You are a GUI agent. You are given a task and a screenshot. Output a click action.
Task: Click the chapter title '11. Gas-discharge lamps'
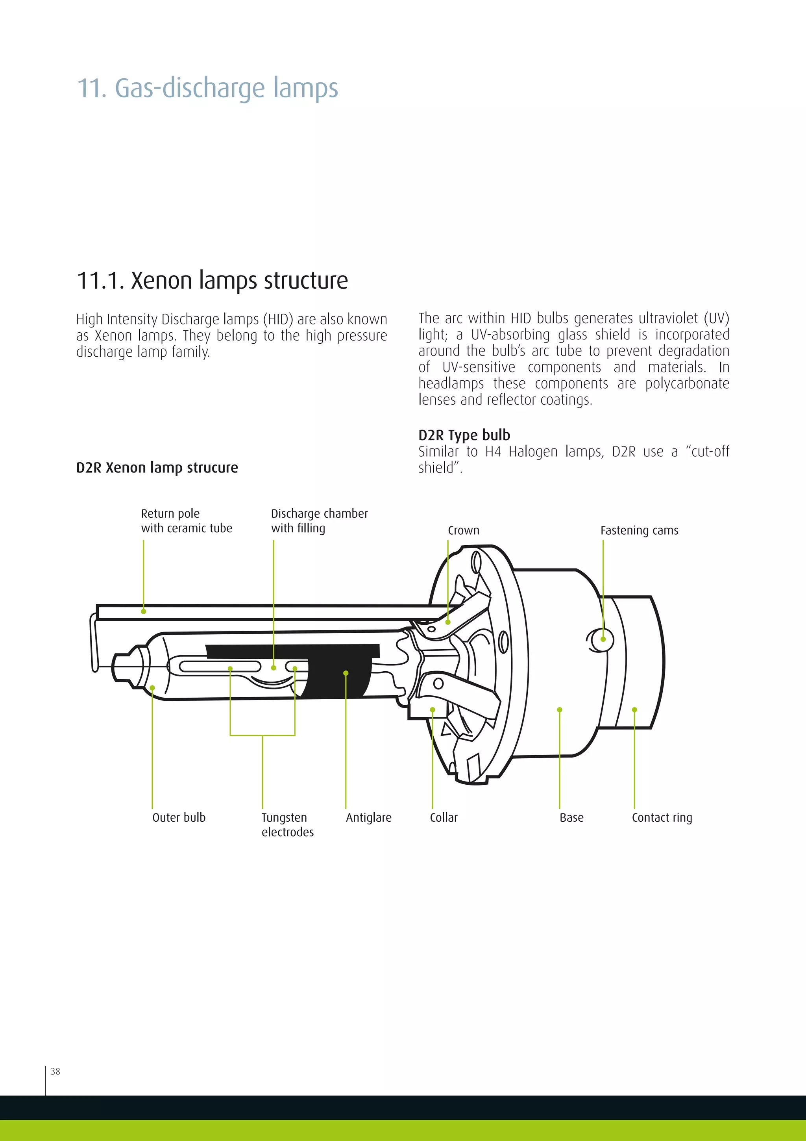click(x=207, y=89)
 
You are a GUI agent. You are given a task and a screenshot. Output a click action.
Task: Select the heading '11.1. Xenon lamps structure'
click(x=212, y=280)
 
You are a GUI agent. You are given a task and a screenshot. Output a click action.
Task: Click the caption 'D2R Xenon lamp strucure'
click(x=157, y=468)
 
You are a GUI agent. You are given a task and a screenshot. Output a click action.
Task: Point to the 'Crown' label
click(x=463, y=530)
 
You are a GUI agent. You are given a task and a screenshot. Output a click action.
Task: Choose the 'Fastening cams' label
click(x=639, y=530)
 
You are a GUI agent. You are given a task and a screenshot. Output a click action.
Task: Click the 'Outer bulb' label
click(x=179, y=817)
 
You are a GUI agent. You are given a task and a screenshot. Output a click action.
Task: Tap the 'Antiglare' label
click(x=368, y=817)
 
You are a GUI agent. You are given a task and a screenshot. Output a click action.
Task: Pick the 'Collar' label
click(x=444, y=817)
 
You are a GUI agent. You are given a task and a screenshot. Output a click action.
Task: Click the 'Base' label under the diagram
click(x=571, y=817)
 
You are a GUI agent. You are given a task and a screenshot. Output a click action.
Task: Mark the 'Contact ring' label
click(x=662, y=817)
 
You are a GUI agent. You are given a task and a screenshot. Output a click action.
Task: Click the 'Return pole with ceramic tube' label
click(x=186, y=521)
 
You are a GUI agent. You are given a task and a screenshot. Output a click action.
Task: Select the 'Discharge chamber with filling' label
click(x=319, y=521)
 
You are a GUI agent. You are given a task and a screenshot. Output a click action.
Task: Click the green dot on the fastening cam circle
click(x=603, y=639)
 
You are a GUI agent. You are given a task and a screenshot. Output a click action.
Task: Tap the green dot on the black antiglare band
click(x=346, y=673)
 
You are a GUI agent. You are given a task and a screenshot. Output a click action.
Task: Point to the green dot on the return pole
click(x=144, y=611)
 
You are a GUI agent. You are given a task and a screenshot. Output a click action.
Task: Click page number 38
click(x=55, y=1071)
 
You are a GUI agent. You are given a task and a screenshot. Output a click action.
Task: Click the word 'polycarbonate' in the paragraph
click(x=687, y=383)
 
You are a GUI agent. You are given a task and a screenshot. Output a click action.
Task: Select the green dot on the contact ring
click(x=634, y=709)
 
